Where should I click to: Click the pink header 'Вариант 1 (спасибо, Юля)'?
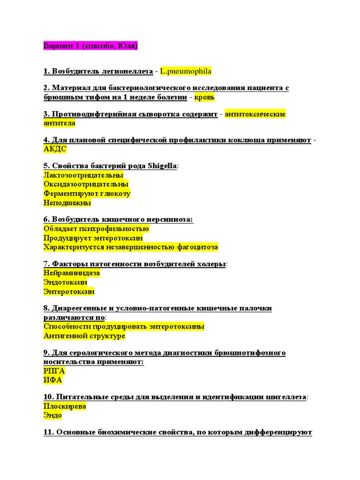[90, 46]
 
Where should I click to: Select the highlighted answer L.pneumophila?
[186, 71]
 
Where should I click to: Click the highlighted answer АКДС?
[55, 149]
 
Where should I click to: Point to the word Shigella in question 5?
[162, 165]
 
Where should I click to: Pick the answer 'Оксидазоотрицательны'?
[86, 184]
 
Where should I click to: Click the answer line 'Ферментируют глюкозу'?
[87, 194]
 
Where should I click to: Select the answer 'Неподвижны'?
[67, 203]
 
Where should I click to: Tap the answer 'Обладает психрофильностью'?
[96, 229]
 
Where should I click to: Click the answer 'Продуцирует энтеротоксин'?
[93, 238]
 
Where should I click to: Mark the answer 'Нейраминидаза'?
[72, 273]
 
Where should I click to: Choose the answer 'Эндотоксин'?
[65, 282]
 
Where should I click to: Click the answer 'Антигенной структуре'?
[84, 336]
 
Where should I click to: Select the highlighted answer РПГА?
[54, 371]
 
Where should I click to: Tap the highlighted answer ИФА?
[52, 380]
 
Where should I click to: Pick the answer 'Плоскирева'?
[65, 406]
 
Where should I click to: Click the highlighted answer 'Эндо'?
[52, 415]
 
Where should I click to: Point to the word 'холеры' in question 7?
[211, 264]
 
